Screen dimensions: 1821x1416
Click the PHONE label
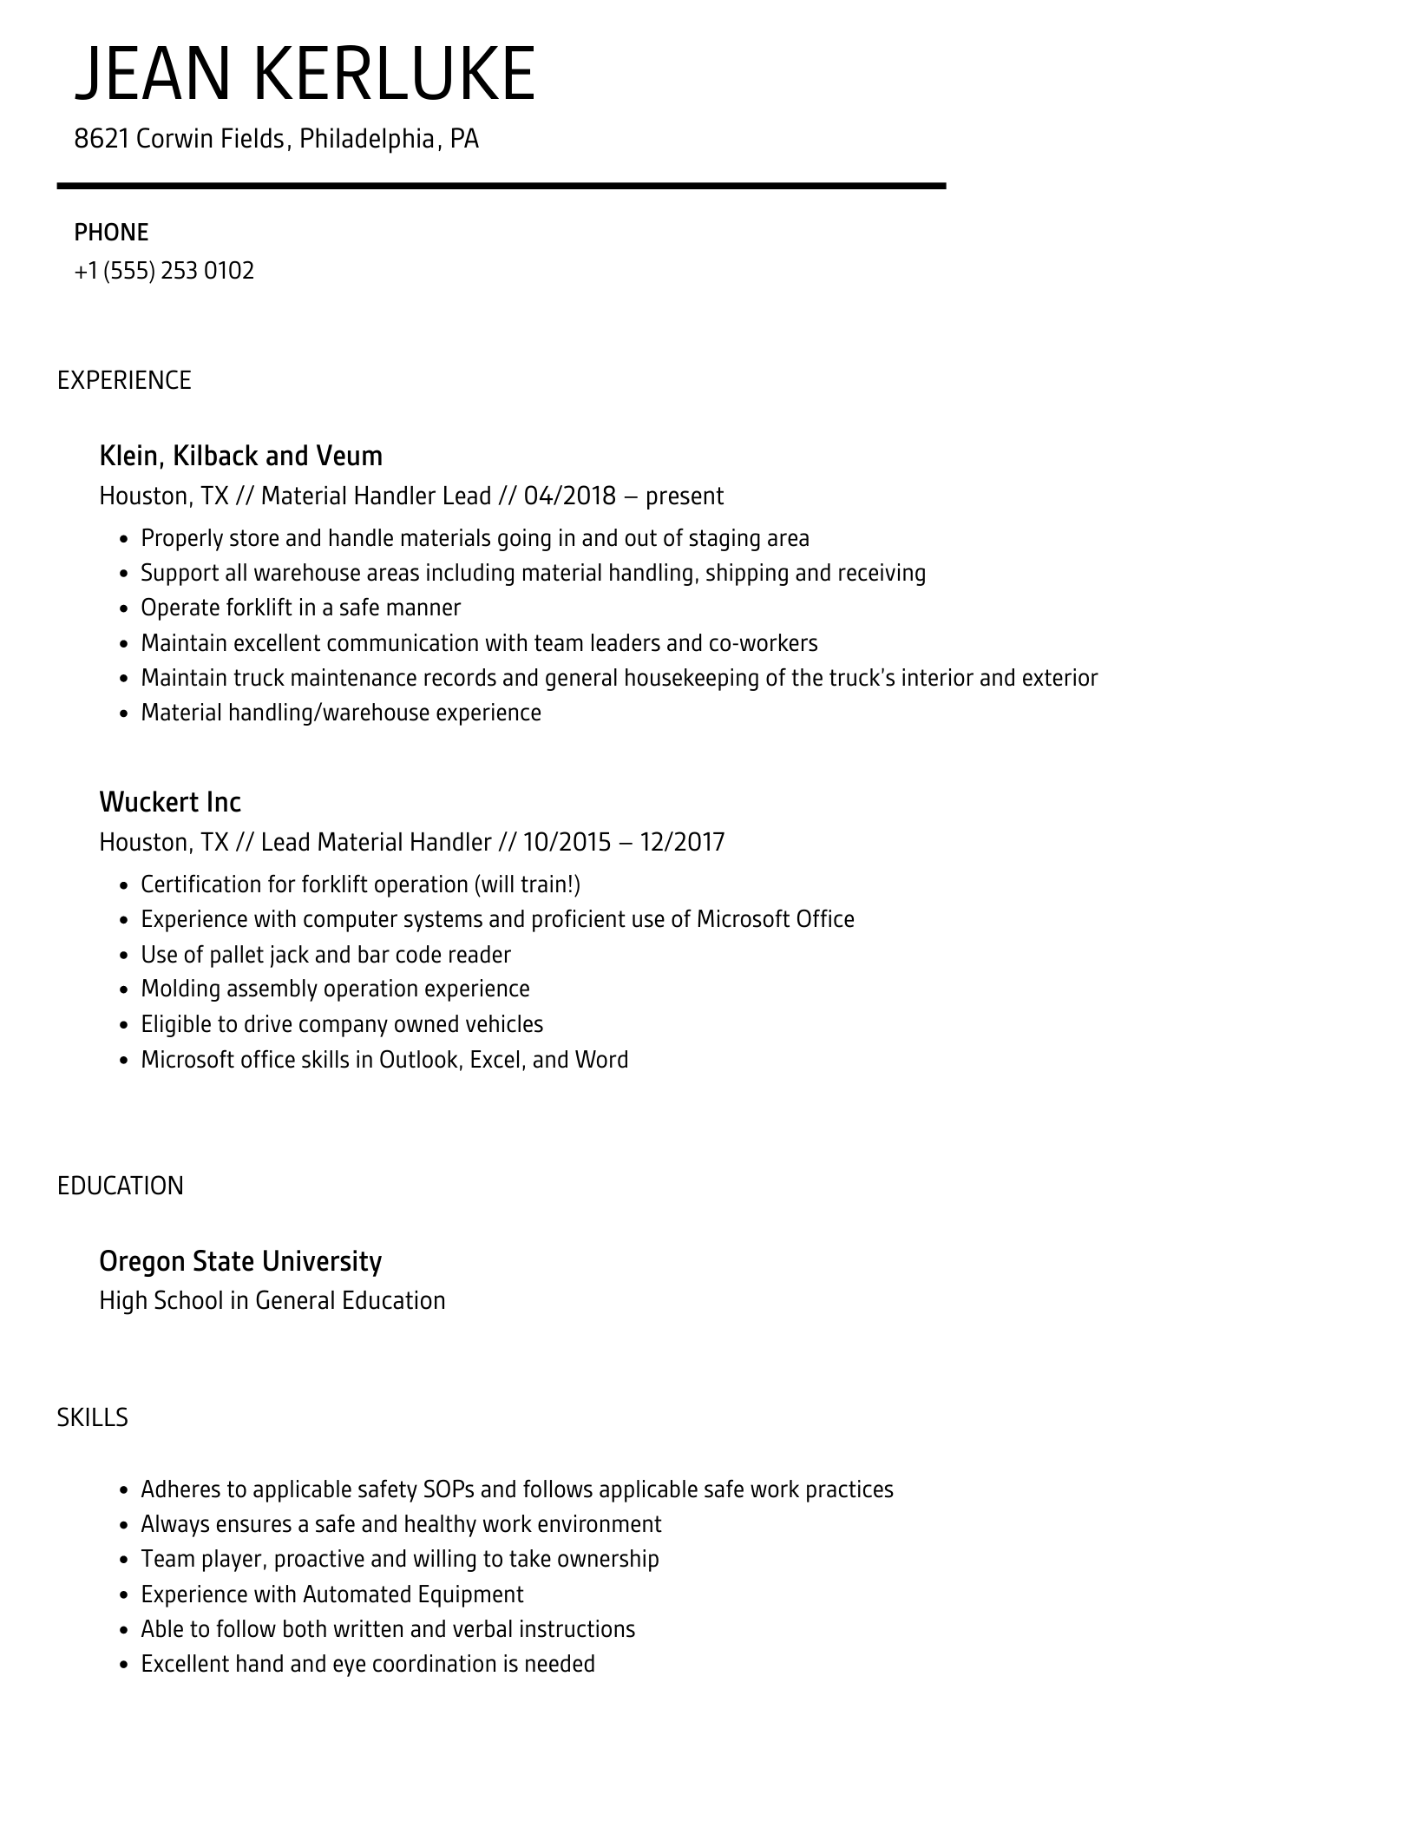[x=111, y=233]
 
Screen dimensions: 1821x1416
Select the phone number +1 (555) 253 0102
[x=164, y=271]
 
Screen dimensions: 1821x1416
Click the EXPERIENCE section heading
[x=124, y=380]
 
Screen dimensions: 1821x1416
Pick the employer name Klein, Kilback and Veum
[x=240, y=456]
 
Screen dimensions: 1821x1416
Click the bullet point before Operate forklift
[x=124, y=609]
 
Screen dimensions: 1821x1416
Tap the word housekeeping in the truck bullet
[x=692, y=678]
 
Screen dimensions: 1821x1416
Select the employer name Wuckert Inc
[x=170, y=802]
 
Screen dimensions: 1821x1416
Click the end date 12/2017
[x=682, y=842]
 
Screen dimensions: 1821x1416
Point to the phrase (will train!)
[x=527, y=884]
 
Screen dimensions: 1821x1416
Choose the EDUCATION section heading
[x=121, y=1186]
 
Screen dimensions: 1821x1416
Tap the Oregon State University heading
[x=240, y=1261]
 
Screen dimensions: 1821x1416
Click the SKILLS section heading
[x=92, y=1417]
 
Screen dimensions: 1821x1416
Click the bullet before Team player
[x=124, y=1561]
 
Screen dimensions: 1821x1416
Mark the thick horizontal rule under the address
[x=501, y=186]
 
